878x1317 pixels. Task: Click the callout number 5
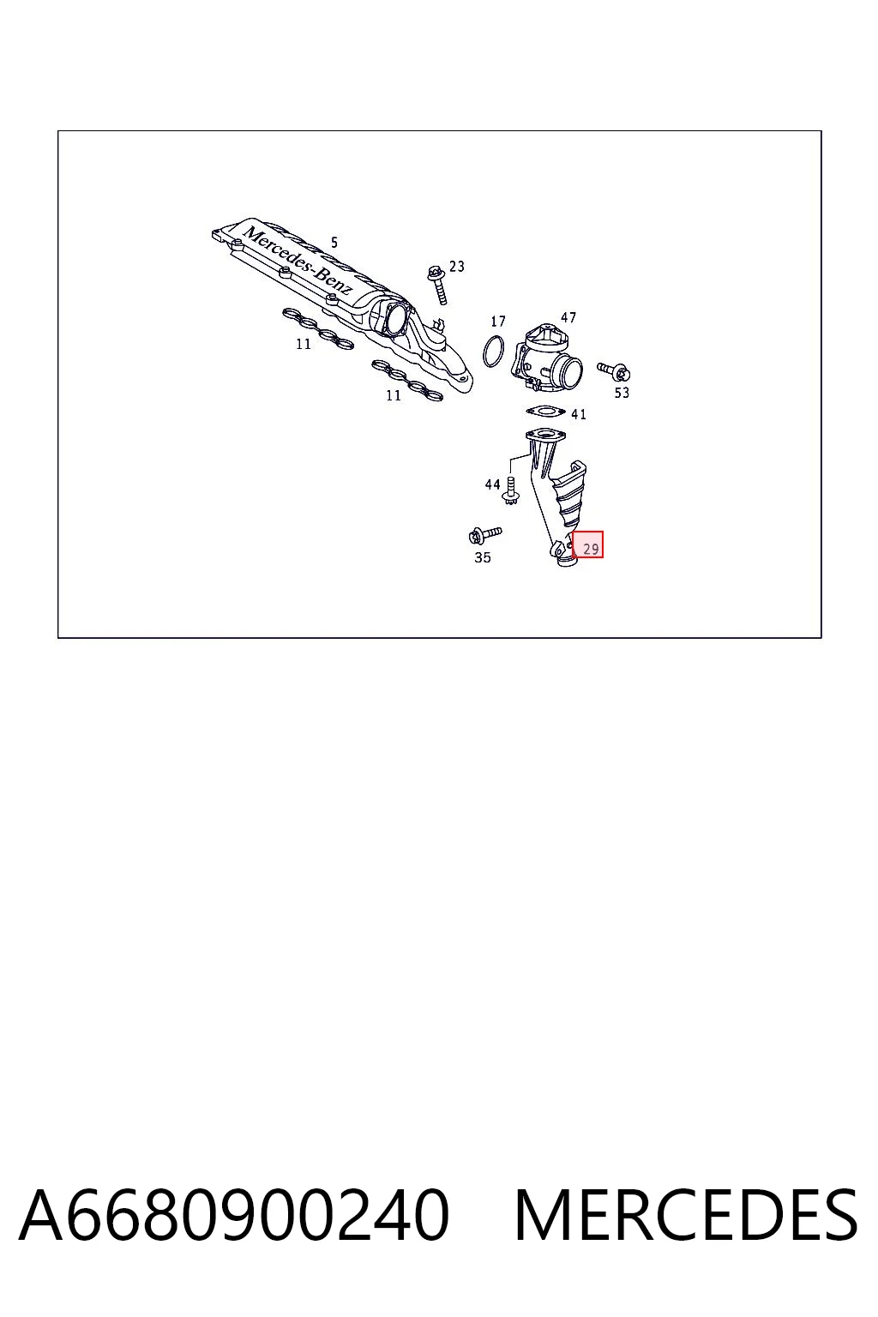click(x=334, y=243)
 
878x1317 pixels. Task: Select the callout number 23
click(x=457, y=267)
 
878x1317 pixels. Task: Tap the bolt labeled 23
click(x=438, y=285)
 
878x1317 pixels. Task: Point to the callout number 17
click(x=498, y=321)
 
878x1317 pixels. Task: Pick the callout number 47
click(x=568, y=317)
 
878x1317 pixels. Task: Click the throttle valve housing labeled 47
click(x=546, y=360)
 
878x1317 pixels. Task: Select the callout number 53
click(x=622, y=393)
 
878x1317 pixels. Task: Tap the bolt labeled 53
click(x=613, y=370)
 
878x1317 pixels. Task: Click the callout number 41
click(x=579, y=414)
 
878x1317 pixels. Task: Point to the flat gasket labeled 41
click(x=545, y=411)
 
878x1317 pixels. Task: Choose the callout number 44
click(x=492, y=484)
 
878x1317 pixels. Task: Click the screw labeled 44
click(x=510, y=491)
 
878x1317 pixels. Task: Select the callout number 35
click(x=482, y=557)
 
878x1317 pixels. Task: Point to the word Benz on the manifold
click(x=335, y=280)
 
